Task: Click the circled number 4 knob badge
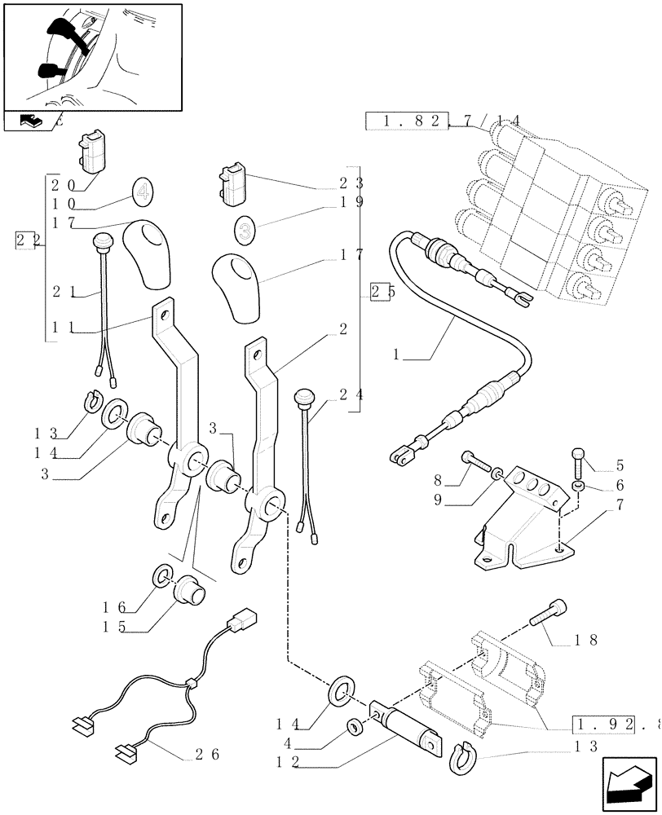[142, 193]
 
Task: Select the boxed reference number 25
[380, 291]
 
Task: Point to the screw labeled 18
[548, 613]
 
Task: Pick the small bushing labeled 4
[355, 725]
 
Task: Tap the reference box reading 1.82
[407, 122]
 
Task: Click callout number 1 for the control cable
[397, 355]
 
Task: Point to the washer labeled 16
[163, 578]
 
